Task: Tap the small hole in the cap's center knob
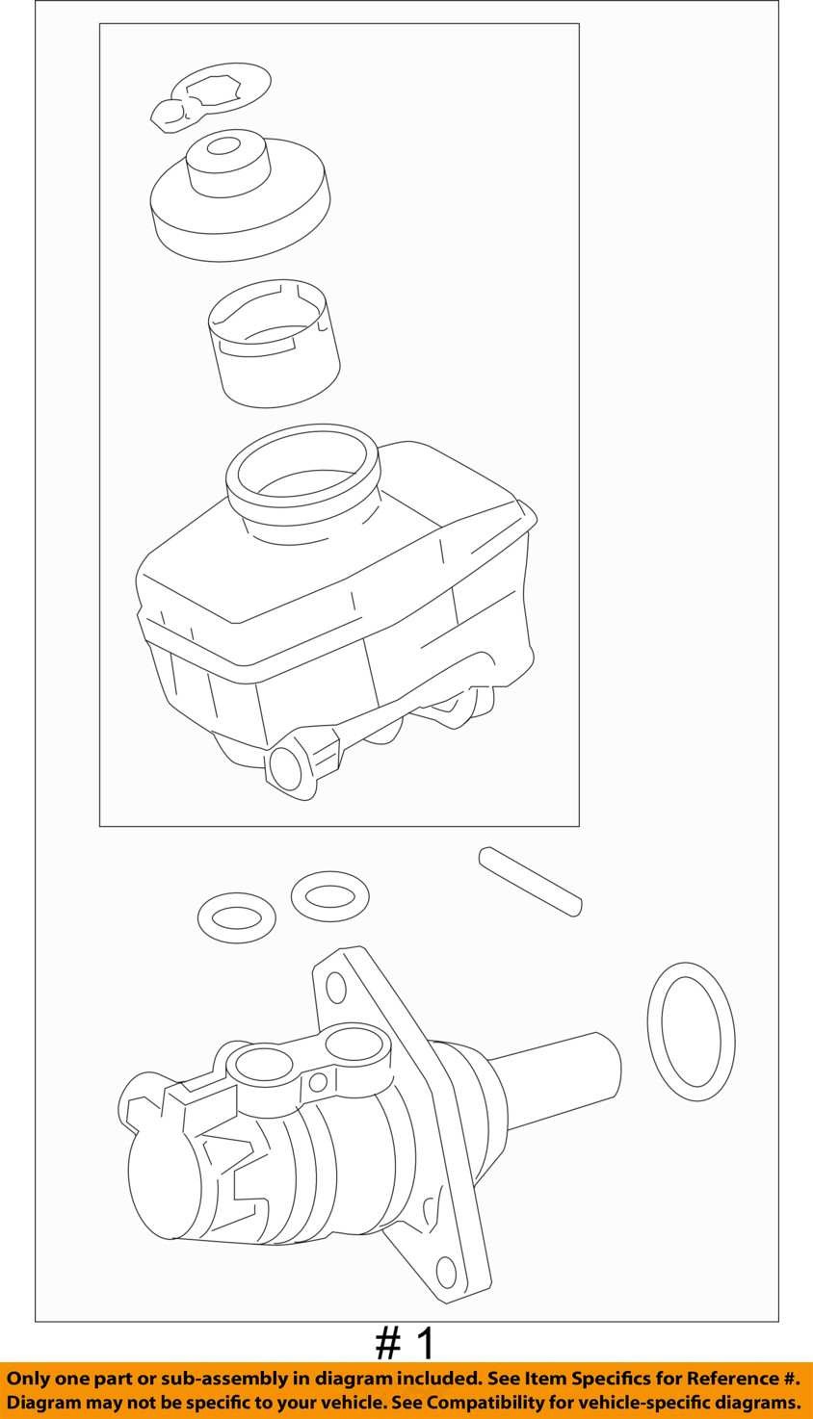pos(223,146)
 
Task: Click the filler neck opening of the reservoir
pos(302,466)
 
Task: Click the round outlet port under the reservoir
pos(285,766)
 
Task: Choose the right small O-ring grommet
pos(329,896)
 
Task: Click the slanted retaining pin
pos(530,881)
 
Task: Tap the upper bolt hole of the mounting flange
pos(336,987)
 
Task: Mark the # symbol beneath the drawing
pos(386,1344)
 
